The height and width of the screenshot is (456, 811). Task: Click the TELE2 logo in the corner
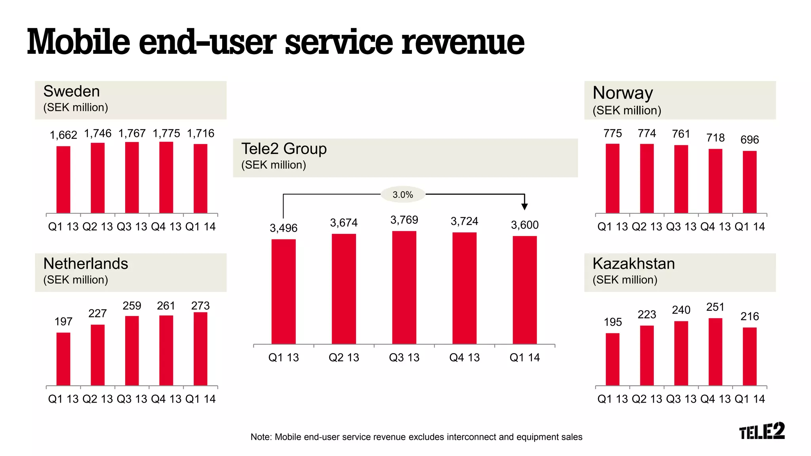pos(762,431)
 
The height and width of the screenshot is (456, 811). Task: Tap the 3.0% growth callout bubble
pos(403,194)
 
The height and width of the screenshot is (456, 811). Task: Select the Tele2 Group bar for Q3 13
pos(404,287)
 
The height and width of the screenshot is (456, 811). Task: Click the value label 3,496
pos(284,228)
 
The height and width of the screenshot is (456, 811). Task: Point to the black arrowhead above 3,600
pos(524,207)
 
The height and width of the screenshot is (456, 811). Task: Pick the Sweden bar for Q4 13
pos(166,177)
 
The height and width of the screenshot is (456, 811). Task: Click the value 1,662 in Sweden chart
pos(63,135)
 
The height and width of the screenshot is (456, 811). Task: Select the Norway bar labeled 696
pos(749,182)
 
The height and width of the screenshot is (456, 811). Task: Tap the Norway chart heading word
pos(623,93)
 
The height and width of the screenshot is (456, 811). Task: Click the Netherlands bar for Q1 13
pos(63,359)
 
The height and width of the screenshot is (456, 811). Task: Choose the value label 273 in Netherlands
pos(200,306)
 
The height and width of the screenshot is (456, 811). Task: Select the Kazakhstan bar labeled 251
pos(715,351)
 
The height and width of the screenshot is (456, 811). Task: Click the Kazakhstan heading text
pos(634,264)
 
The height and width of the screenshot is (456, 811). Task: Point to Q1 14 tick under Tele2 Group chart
pos(524,357)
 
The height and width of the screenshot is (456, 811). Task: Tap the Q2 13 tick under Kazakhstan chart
pos(647,399)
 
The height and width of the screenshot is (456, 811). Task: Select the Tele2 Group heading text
pos(284,149)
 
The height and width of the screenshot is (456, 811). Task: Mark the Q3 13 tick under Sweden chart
pos(132,226)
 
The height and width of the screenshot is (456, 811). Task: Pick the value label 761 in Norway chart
pos(681,134)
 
